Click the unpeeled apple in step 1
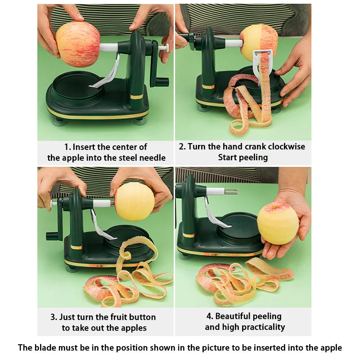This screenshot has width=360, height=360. tap(78, 44)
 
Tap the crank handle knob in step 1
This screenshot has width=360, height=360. tap(162, 82)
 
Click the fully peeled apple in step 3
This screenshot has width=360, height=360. tap(135, 201)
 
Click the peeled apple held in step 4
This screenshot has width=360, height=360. tap(278, 223)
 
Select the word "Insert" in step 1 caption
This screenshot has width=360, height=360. tap(84, 147)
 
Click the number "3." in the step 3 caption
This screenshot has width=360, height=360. tap(54, 317)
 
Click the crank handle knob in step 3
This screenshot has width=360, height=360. tap(51, 236)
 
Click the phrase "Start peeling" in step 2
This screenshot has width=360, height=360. tap(243, 157)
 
